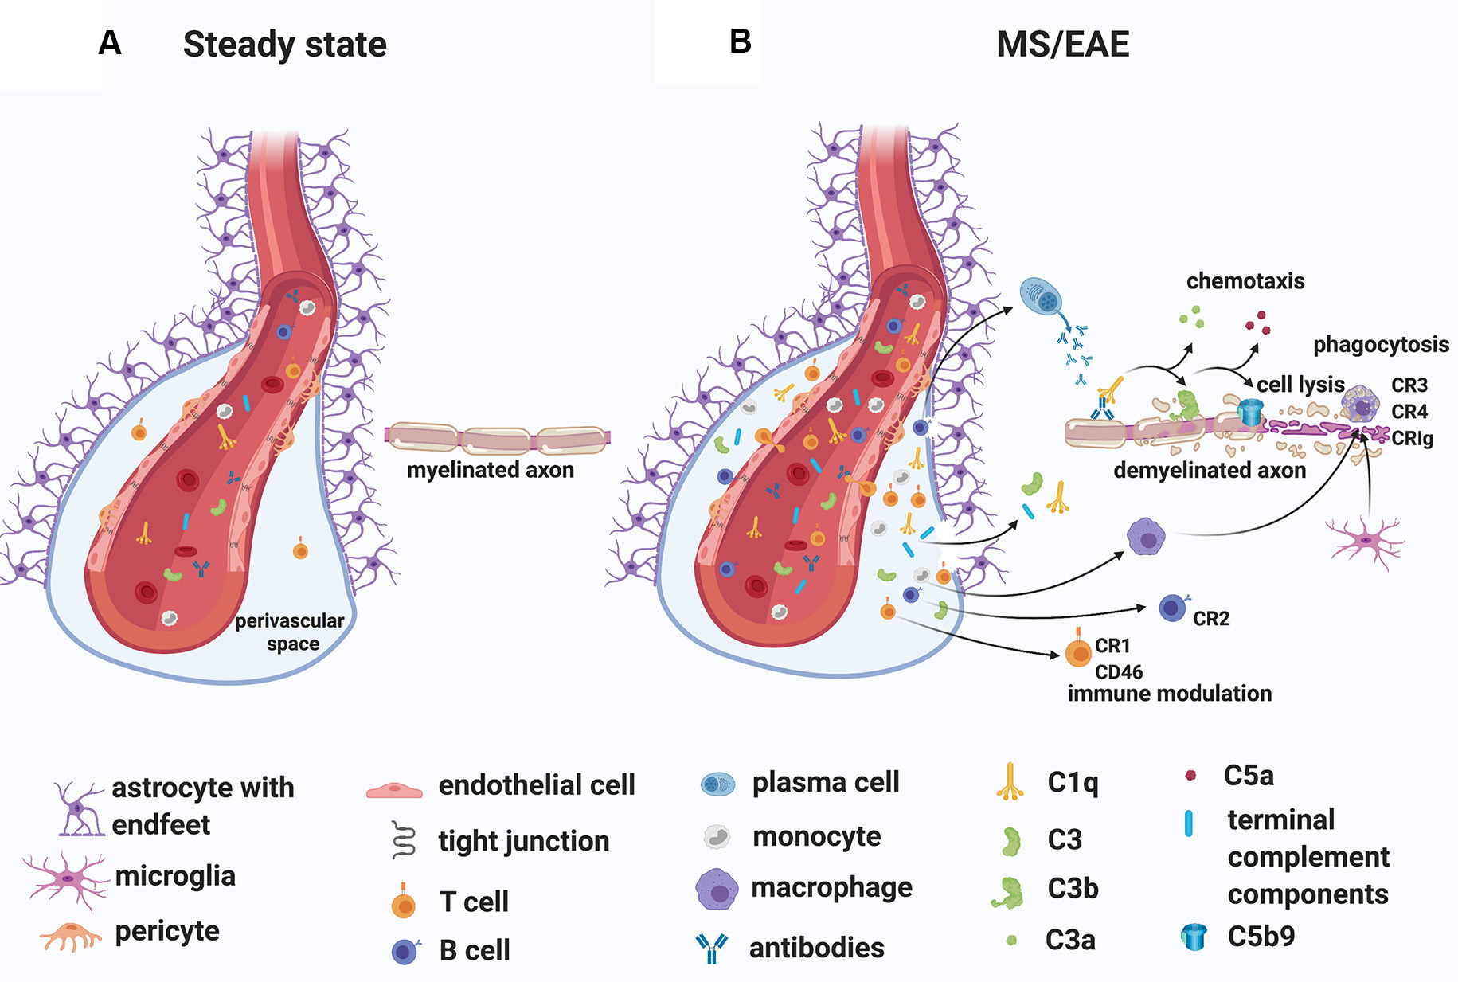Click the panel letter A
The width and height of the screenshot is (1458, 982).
tap(110, 43)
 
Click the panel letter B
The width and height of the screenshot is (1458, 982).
tap(740, 41)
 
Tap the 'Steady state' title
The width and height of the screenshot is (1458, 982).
tap(284, 45)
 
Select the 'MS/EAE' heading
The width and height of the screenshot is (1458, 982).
tap(1062, 45)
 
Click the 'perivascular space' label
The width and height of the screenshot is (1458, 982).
tap(291, 632)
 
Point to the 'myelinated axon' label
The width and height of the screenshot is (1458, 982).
tap(490, 470)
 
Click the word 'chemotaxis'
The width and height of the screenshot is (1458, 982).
tap(1245, 281)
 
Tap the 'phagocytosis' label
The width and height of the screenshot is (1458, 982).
tap(1380, 344)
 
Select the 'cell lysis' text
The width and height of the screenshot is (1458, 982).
tap(1300, 385)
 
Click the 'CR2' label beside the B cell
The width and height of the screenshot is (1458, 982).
tap(1210, 619)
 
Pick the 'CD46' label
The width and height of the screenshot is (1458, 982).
tap(1118, 671)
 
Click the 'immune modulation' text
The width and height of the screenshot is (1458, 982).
tap(1169, 694)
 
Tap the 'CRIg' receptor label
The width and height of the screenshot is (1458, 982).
tap(1411, 438)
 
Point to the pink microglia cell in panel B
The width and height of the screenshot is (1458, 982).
tap(1365, 542)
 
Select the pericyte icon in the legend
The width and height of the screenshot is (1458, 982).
tap(71, 936)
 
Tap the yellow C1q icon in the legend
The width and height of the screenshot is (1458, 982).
tap(1010, 783)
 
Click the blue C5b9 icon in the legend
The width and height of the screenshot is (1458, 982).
tap(1193, 937)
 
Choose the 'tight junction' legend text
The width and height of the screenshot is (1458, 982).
tap(523, 841)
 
